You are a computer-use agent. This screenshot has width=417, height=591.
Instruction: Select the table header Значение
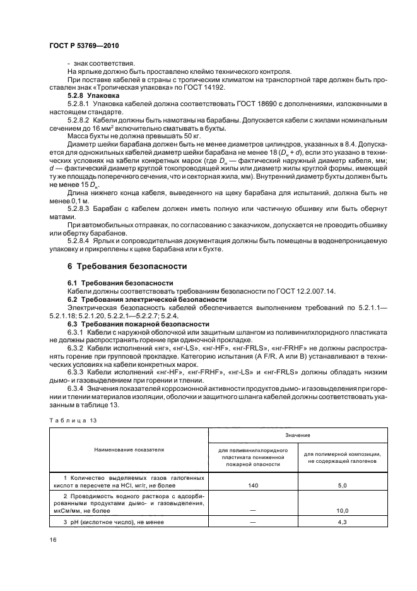[x=297, y=436]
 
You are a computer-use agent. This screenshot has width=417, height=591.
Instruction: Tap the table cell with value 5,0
[x=343, y=485]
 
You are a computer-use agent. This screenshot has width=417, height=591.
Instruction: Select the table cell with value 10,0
[x=343, y=510]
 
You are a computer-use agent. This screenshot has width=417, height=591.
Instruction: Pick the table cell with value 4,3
[x=343, y=522]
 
